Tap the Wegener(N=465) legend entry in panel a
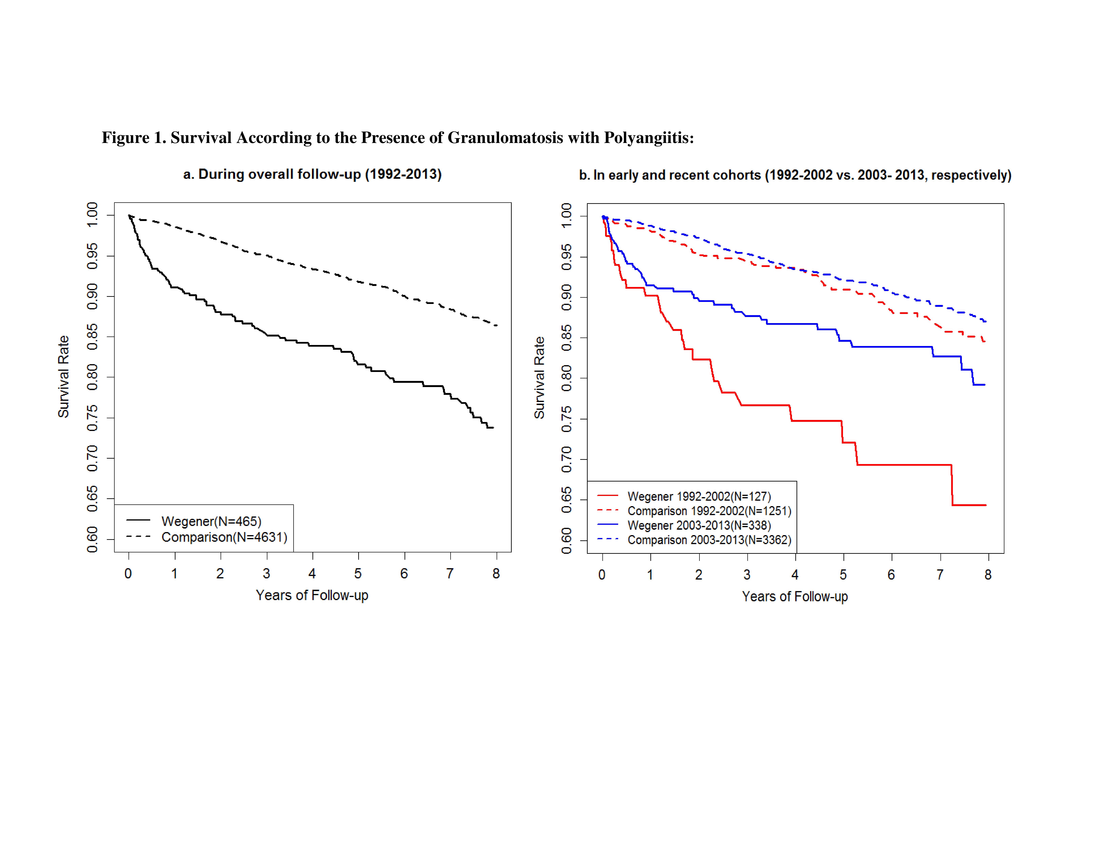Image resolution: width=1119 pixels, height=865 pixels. pyautogui.click(x=211, y=521)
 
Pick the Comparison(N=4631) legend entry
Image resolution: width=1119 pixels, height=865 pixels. pyautogui.click(x=224, y=537)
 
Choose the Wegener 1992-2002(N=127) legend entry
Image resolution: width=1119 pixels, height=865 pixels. pyautogui.click(x=699, y=497)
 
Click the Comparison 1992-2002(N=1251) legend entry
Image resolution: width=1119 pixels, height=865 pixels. pyautogui.click(x=709, y=511)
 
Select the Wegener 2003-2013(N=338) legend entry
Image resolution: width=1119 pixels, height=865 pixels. pyautogui.click(x=699, y=525)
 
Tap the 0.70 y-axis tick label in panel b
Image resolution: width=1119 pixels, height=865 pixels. pyautogui.click(x=567, y=459)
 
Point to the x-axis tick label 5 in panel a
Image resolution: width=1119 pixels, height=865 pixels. pyautogui.click(x=358, y=573)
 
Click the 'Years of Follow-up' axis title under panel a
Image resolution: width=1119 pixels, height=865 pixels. pyautogui.click(x=312, y=595)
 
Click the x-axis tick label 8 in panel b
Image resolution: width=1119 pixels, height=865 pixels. pyautogui.click(x=988, y=575)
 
